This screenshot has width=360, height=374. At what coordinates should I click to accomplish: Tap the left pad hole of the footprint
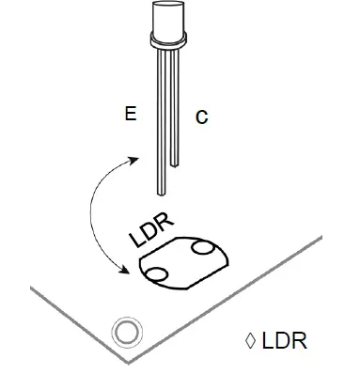[x=155, y=273]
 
